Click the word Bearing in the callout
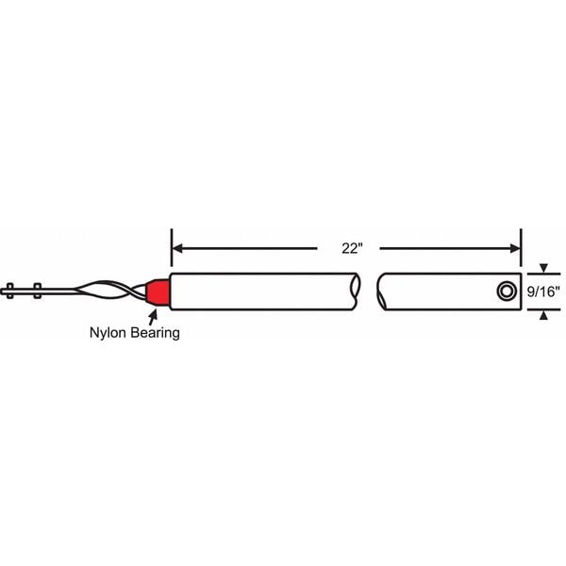pyautogui.click(x=156, y=333)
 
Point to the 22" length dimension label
pyautogui.click(x=352, y=249)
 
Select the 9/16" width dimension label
pyautogui.click(x=543, y=291)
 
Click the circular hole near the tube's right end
pyautogui.click(x=506, y=291)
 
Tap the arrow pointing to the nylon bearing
pyautogui.click(x=154, y=317)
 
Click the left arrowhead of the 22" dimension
pyautogui.click(x=177, y=248)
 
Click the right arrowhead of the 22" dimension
pyautogui.click(x=515, y=248)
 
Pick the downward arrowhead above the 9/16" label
pyautogui.click(x=543, y=268)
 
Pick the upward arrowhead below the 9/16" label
pyautogui.click(x=543, y=315)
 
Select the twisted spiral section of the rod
pyautogui.click(x=108, y=290)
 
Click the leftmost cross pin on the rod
pyautogui.click(x=10, y=291)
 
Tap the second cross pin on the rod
pyautogui.click(x=37, y=291)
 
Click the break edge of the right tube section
pyautogui.click(x=381, y=291)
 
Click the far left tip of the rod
pyautogui.click(x=1, y=291)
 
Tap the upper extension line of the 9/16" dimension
pyautogui.click(x=543, y=274)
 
